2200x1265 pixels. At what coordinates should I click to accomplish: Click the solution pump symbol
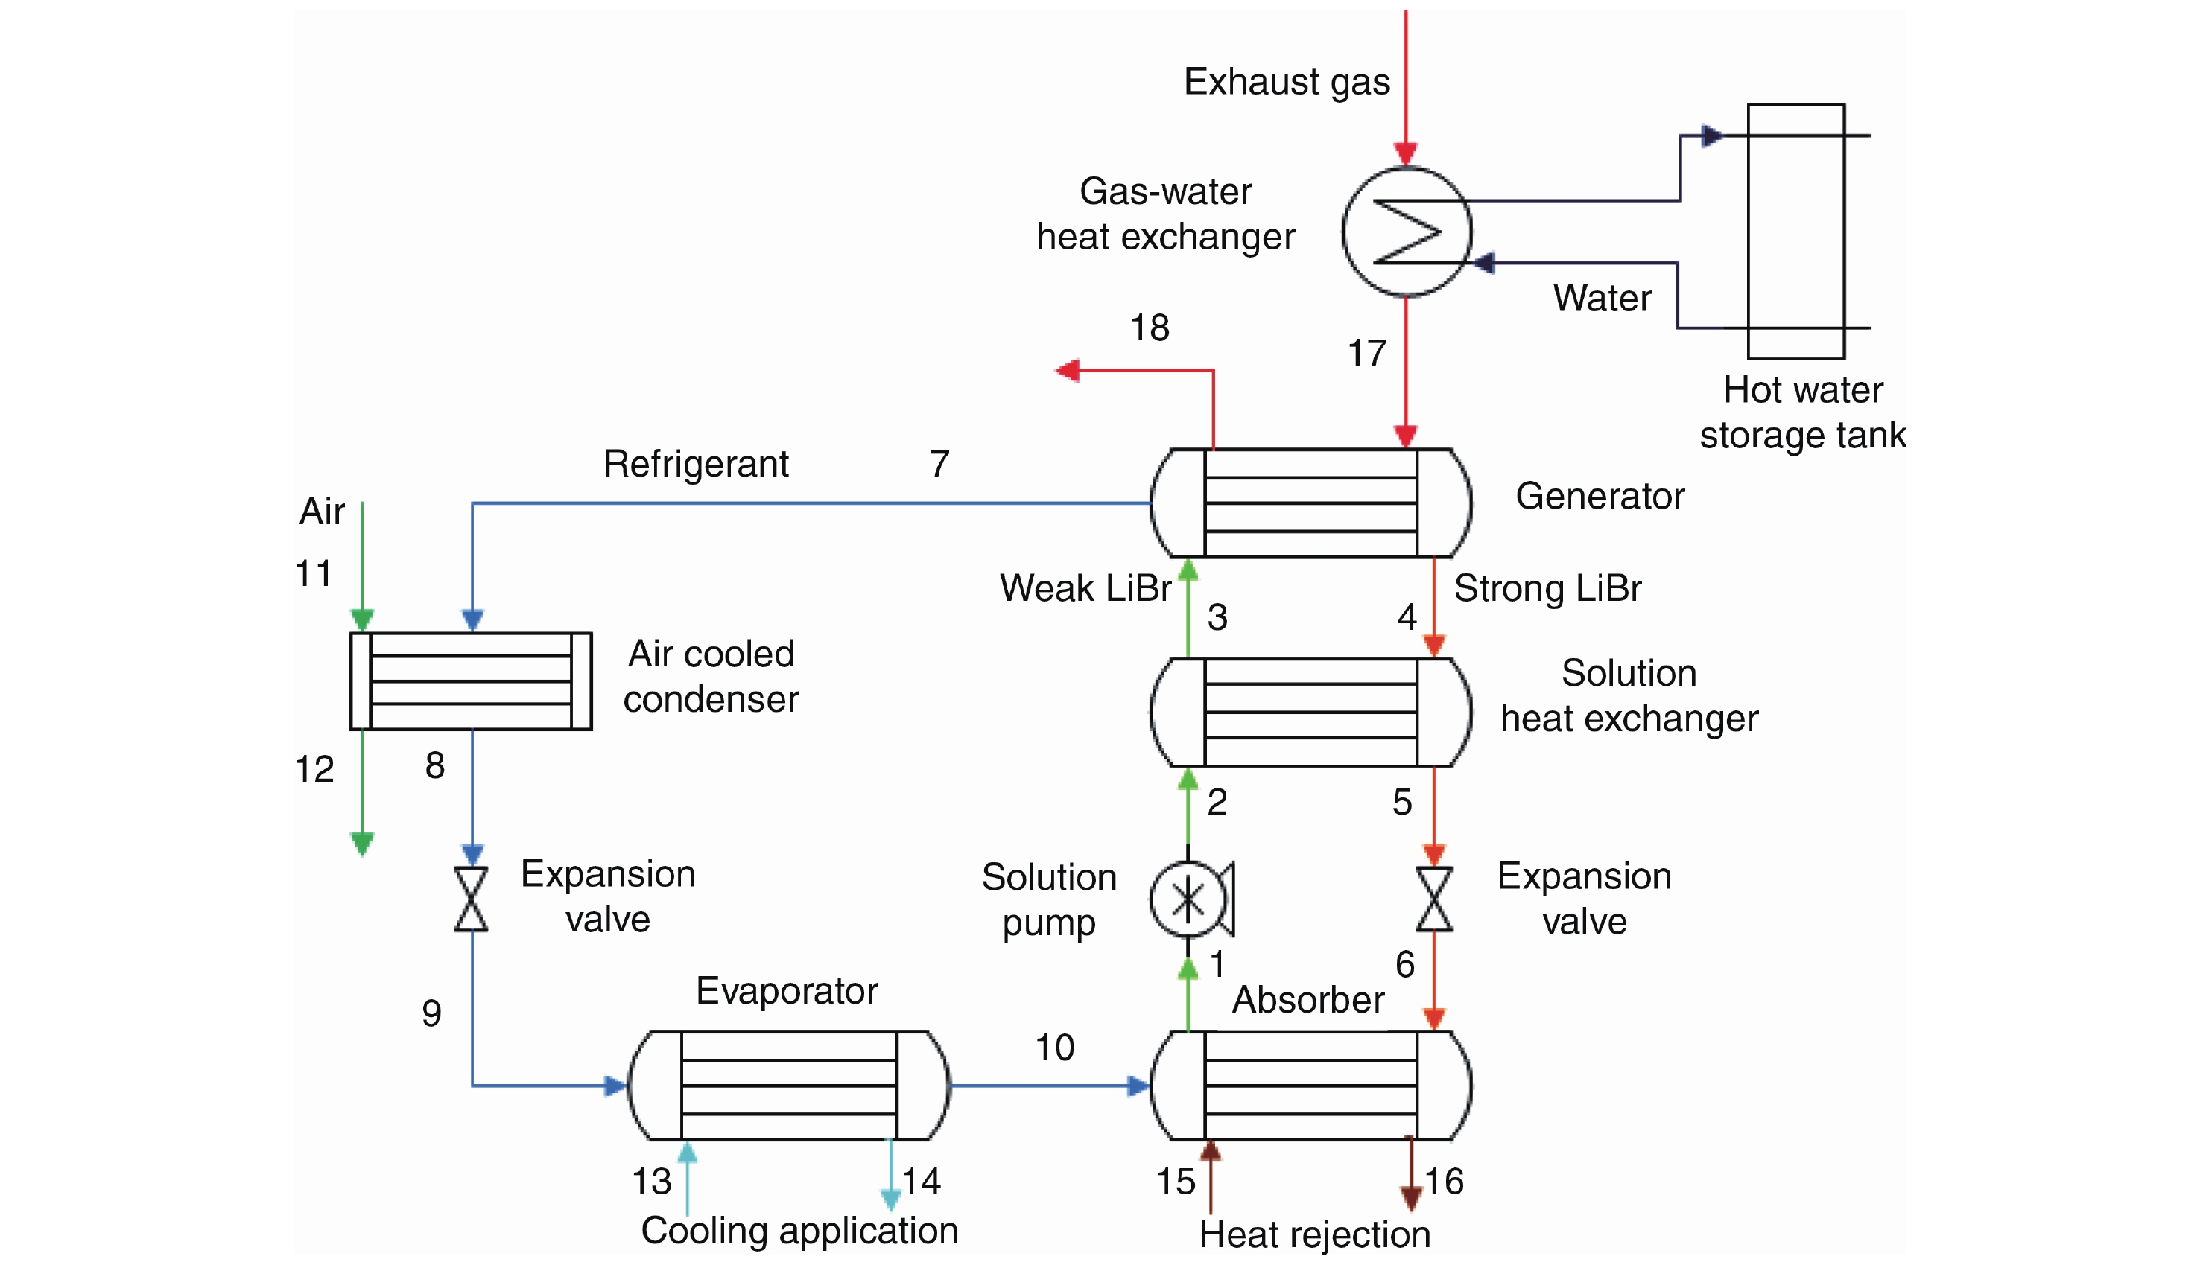(1188, 900)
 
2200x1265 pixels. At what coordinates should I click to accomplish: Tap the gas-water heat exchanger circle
(1406, 232)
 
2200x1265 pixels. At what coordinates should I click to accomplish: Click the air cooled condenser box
(470, 681)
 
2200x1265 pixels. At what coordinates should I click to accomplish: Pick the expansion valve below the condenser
(471, 899)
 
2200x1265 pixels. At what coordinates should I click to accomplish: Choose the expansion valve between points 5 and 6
(1433, 899)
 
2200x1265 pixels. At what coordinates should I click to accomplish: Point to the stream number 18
(1149, 328)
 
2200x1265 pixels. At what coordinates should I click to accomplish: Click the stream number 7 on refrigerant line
(939, 464)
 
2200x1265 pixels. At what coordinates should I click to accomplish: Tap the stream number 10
(1054, 1048)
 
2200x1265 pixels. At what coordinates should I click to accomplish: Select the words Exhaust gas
(1287, 82)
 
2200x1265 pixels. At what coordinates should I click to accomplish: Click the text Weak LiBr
(1085, 588)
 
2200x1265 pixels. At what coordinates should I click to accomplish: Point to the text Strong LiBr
(1547, 588)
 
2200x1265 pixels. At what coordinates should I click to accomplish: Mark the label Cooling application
(799, 1230)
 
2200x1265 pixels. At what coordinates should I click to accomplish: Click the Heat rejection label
(1314, 1234)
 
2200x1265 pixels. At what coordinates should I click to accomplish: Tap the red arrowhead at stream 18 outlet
(1068, 372)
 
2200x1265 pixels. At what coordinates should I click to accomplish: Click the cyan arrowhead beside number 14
(890, 1199)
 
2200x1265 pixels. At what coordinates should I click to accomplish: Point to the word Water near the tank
(1601, 298)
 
